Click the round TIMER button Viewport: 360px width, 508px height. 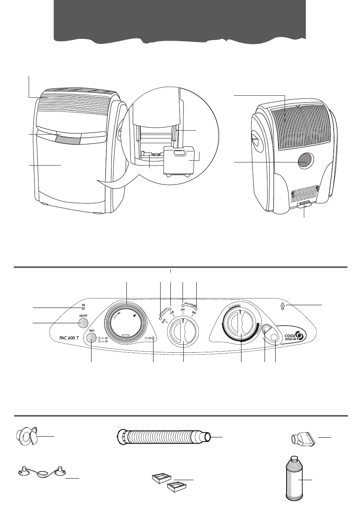click(x=91, y=338)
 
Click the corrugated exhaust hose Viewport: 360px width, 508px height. click(x=165, y=437)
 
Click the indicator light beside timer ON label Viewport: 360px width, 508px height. click(x=153, y=338)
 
